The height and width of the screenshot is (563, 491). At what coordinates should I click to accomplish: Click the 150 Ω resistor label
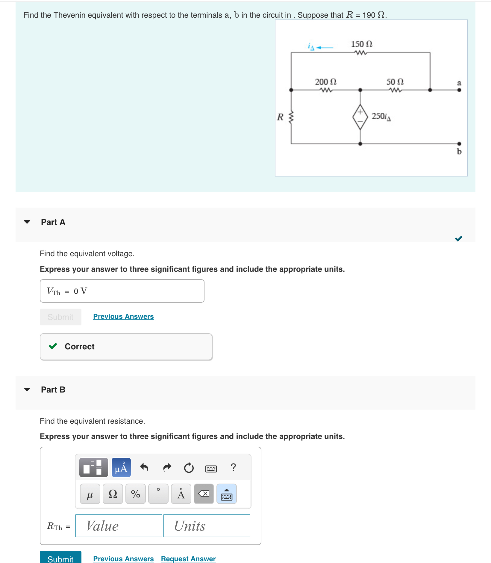click(x=361, y=44)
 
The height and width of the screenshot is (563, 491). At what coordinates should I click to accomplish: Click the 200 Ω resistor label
click(x=325, y=82)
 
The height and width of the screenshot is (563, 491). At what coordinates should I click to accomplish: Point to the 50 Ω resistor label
click(x=395, y=82)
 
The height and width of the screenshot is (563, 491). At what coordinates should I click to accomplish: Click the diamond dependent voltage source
click(x=360, y=117)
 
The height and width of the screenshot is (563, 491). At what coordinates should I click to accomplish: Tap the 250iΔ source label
click(x=381, y=116)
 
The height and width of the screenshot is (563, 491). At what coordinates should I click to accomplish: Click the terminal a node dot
click(x=459, y=90)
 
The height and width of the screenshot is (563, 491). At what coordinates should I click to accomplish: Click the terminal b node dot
click(x=459, y=144)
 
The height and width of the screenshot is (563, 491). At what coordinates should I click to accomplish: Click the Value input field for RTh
click(x=119, y=526)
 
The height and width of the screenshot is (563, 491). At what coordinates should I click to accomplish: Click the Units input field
click(x=207, y=526)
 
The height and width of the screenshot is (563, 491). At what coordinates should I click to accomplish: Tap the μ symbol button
click(x=90, y=494)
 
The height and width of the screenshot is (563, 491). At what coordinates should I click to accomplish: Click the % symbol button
click(x=136, y=494)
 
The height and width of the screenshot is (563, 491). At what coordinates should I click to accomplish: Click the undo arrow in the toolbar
click(x=144, y=467)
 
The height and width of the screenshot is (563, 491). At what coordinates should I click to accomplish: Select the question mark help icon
click(x=234, y=467)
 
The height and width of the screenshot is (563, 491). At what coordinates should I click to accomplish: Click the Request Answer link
click(x=188, y=559)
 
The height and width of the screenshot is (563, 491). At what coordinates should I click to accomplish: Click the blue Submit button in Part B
click(x=60, y=558)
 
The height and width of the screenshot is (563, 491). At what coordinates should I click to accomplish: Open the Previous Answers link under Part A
click(x=123, y=316)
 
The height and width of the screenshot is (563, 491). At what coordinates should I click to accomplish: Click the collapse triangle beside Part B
click(x=27, y=390)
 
